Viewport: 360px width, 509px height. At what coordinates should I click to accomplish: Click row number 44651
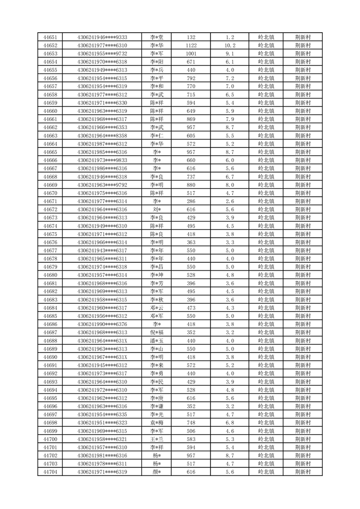pyautogui.click(x=50, y=37)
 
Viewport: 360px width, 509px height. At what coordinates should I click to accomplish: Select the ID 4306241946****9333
pyautogui.click(x=102, y=37)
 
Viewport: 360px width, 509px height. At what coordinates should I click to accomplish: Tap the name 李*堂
pyautogui.click(x=157, y=37)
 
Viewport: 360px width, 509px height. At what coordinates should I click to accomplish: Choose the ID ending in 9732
pyautogui.click(x=102, y=54)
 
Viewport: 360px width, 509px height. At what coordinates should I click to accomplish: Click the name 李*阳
pyautogui.click(x=157, y=62)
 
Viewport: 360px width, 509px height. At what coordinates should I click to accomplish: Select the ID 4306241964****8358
pyautogui.click(x=102, y=136)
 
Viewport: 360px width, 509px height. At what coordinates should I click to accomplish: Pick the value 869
pyautogui.click(x=191, y=119)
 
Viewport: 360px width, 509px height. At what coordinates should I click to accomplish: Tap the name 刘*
pyautogui.click(x=157, y=210)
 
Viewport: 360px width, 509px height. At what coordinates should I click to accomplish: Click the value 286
pyautogui.click(x=191, y=201)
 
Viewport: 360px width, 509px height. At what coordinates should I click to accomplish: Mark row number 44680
pyautogui.click(x=50, y=275)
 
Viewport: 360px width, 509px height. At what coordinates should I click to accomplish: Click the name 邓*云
pyautogui.click(x=157, y=308)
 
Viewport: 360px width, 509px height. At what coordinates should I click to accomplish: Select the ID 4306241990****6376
pyautogui.click(x=102, y=324)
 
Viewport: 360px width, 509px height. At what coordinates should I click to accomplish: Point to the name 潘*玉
pyautogui.click(x=157, y=341)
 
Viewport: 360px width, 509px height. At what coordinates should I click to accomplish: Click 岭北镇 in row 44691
pyautogui.click(x=266, y=365)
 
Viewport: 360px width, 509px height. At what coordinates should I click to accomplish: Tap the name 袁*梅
pyautogui.click(x=157, y=423)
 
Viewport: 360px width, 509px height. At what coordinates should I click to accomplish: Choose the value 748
pyautogui.click(x=191, y=423)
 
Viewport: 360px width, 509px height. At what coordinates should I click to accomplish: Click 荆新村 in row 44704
pyautogui.click(x=302, y=472)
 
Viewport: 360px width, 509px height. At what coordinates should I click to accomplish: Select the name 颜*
pyautogui.click(x=157, y=472)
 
